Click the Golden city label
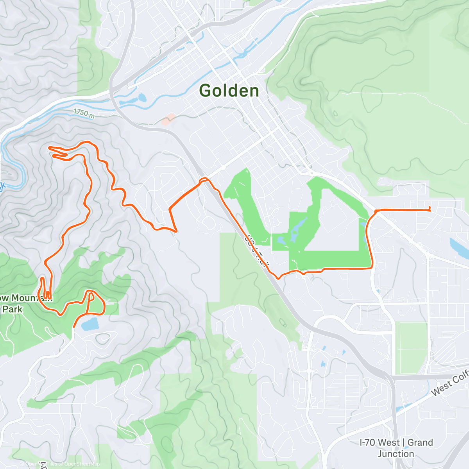[229, 91]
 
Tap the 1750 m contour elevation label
[84, 113]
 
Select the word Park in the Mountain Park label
[13, 309]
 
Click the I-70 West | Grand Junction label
[396, 448]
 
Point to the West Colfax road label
[449, 385]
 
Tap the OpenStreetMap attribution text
[82, 464]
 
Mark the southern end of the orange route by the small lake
[74, 326]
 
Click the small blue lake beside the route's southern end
[90, 323]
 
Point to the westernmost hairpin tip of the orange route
[49, 147]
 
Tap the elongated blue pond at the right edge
[458, 248]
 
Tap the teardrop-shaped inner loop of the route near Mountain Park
[91, 298]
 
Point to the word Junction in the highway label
[396, 454]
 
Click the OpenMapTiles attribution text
[41, 464]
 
